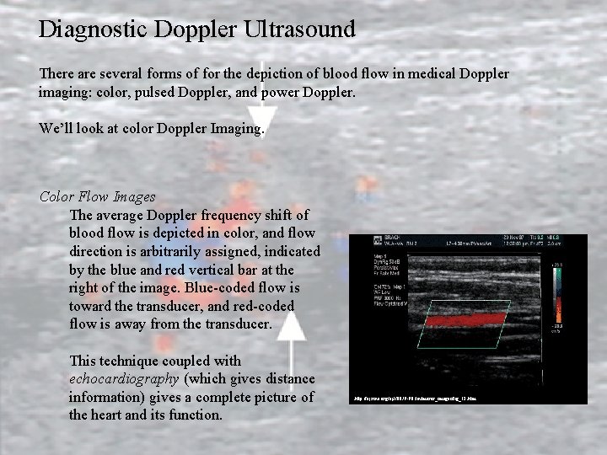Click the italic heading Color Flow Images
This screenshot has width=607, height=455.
point(97,197)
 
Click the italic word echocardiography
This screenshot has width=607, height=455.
point(124,379)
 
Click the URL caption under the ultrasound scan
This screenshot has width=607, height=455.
point(413,394)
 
